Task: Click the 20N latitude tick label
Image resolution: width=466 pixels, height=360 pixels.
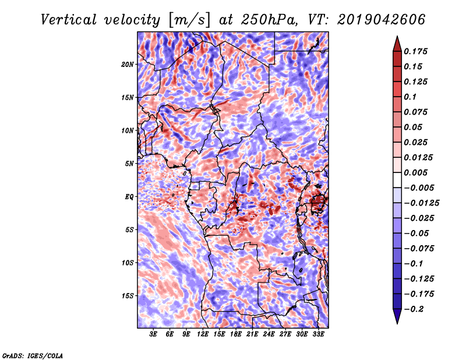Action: click(x=128, y=65)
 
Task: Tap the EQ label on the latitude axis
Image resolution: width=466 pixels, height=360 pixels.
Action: click(x=129, y=197)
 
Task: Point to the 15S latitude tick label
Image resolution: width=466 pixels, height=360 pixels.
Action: click(x=128, y=296)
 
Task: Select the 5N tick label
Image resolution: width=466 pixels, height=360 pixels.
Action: click(x=129, y=164)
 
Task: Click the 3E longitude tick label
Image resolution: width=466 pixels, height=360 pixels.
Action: click(x=153, y=334)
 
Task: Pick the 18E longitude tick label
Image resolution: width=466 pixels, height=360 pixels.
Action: click(x=236, y=334)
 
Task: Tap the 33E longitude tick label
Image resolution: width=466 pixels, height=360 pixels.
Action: click(x=318, y=334)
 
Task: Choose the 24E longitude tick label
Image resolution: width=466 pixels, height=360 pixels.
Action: click(x=269, y=334)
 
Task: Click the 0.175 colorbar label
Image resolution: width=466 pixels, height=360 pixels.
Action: click(x=415, y=51)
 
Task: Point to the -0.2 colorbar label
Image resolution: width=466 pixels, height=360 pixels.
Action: click(x=414, y=309)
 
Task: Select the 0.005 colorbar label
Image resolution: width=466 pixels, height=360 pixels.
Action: click(x=415, y=172)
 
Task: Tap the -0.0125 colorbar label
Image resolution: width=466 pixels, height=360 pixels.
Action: click(x=421, y=203)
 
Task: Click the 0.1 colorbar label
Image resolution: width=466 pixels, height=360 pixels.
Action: click(x=410, y=97)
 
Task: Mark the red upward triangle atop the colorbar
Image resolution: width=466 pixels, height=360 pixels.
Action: click(x=397, y=44)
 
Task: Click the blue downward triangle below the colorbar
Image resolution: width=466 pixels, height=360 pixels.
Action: click(x=397, y=316)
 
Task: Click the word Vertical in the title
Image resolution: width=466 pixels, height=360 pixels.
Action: click(x=69, y=20)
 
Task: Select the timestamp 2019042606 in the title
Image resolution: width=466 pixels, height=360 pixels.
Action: click(x=382, y=20)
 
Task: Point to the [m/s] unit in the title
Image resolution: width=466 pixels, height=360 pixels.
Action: click(x=189, y=20)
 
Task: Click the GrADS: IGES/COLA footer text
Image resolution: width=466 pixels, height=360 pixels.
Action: click(x=33, y=355)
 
